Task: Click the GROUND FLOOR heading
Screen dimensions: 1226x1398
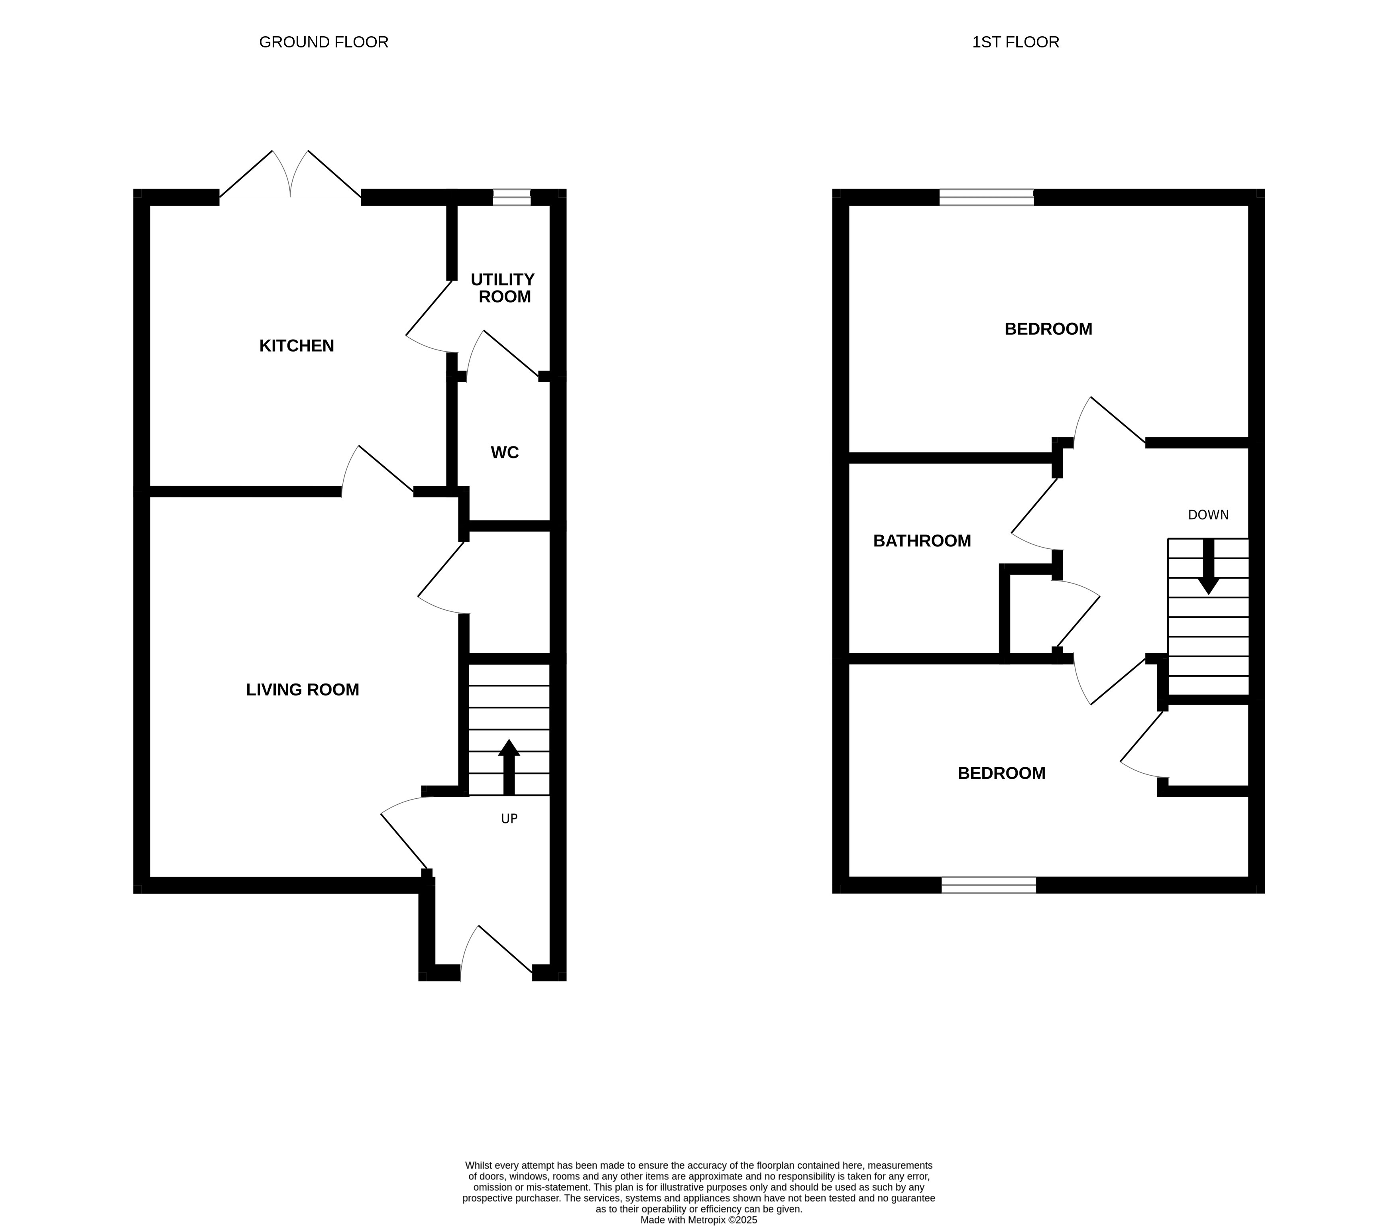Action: point(324,42)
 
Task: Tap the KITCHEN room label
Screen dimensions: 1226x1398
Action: point(296,346)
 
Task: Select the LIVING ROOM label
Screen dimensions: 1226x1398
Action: point(302,690)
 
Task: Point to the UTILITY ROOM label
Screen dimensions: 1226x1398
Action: point(503,288)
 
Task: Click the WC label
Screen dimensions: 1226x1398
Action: point(505,453)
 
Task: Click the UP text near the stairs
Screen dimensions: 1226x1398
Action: point(509,819)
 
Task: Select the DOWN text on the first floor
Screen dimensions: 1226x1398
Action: point(1208,515)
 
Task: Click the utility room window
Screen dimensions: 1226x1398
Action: point(511,198)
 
